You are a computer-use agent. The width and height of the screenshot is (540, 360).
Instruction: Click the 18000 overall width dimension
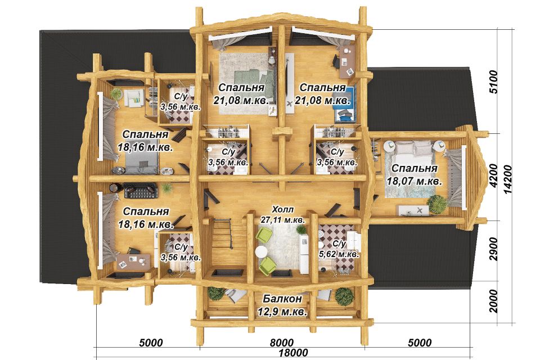293,353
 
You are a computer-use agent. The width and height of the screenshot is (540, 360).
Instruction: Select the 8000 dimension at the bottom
282,343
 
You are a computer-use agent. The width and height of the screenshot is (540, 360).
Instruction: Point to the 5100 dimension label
493,82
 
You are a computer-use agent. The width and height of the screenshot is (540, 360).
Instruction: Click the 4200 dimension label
493,175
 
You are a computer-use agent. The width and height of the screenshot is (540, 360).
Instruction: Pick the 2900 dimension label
493,249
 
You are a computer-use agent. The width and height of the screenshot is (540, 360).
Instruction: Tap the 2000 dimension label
493,301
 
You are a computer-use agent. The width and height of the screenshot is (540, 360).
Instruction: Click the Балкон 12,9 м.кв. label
282,305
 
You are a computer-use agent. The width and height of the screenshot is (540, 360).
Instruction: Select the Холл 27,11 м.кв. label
283,214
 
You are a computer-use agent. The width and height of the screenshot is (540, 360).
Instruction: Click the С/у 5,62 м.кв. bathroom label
339,249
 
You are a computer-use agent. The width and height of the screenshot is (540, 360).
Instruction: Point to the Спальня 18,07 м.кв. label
415,174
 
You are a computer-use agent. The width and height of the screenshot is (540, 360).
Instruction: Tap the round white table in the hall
261,252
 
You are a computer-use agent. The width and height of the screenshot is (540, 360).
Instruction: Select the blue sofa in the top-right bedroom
344,104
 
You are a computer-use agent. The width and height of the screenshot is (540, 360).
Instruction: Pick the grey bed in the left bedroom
142,162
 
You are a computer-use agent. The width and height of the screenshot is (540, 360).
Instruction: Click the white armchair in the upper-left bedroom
133,97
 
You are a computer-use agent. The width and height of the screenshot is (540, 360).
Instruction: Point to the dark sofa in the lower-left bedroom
141,191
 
